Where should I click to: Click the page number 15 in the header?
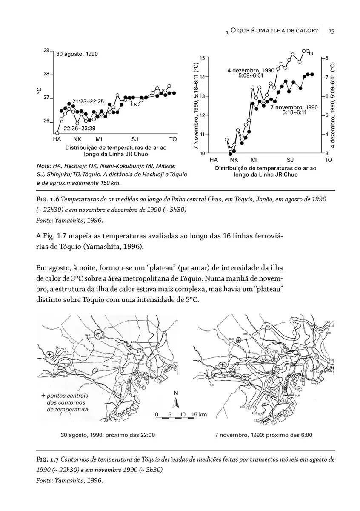(332, 31)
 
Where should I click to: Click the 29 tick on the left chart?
(47, 51)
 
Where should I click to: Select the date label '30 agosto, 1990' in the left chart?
(77, 54)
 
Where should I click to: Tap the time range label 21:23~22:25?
(88, 101)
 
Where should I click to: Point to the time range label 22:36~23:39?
(79, 128)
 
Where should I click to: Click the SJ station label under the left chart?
(135, 139)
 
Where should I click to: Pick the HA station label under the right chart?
(214, 160)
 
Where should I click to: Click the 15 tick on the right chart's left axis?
(202, 57)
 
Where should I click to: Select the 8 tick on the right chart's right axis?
(326, 57)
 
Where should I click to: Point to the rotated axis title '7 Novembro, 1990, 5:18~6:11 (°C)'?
(196, 105)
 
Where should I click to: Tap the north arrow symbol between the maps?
(176, 400)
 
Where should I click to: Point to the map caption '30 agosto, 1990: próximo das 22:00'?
(108, 435)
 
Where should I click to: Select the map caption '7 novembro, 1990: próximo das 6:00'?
(263, 435)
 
